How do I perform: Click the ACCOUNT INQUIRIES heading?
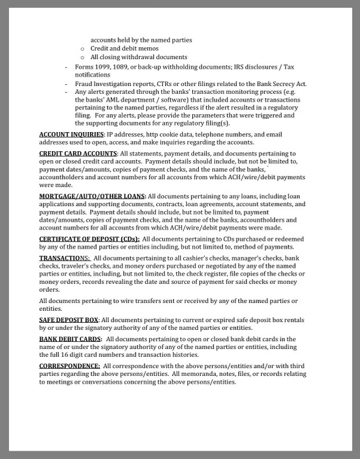[72, 134]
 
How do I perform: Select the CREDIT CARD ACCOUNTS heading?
[78, 154]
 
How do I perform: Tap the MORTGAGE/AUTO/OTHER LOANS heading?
[92, 196]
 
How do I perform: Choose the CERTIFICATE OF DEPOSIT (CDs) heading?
[89, 239]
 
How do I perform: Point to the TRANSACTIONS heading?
[64, 258]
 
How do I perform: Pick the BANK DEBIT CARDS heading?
[70, 339]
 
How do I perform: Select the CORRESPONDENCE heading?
[69, 365]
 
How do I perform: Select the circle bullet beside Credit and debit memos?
[82, 48]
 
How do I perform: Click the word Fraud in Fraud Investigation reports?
[84, 84]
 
